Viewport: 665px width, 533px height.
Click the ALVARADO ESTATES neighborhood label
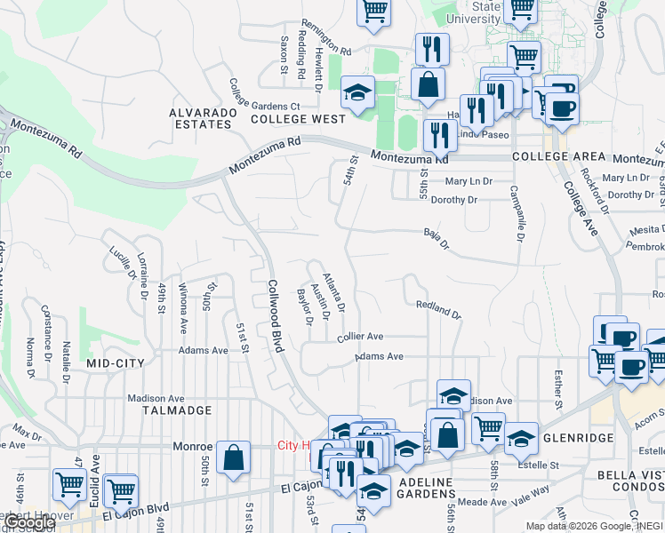click(204, 118)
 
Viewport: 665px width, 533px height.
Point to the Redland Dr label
click(439, 309)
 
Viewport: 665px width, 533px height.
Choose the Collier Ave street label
click(360, 337)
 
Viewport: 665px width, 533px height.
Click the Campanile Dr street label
click(515, 213)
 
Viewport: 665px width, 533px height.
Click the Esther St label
click(558, 390)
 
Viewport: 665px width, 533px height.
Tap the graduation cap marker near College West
click(357, 92)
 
